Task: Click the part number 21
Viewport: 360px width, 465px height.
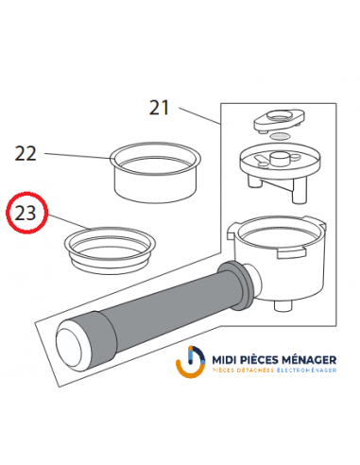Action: point(159,108)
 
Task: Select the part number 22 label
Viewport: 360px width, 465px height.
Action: point(26,154)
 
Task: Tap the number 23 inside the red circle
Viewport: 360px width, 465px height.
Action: point(26,214)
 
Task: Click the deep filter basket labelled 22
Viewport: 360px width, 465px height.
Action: point(155,173)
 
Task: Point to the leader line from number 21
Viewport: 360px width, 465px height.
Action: point(199,116)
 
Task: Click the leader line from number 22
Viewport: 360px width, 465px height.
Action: point(77,156)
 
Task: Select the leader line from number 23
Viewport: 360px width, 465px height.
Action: point(70,222)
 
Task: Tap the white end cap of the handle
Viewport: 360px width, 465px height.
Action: point(69,346)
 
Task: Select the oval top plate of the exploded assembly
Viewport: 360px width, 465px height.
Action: point(279,119)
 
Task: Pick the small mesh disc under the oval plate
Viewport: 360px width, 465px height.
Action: point(280,136)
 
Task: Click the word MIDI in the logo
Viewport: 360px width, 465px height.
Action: point(223,360)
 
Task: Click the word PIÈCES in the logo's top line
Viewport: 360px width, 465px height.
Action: point(258,359)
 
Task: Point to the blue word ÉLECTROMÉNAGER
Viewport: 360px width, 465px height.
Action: point(307,370)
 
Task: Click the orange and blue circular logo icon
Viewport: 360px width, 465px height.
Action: point(191,362)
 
